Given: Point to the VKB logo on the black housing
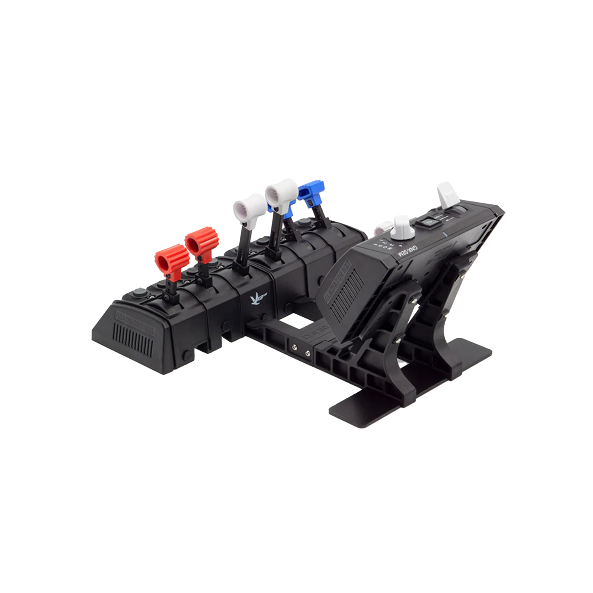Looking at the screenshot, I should [x=253, y=301].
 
